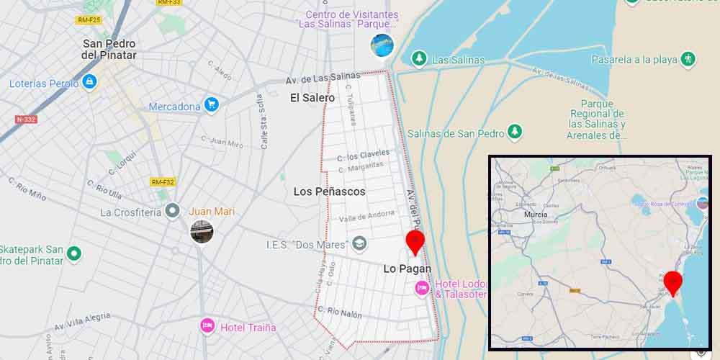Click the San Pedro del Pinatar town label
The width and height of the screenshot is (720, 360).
point(109,49)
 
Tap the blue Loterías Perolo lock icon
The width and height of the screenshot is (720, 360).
point(89,82)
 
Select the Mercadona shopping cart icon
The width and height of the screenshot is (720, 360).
point(211,105)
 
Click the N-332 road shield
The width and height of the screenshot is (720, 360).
point(26,119)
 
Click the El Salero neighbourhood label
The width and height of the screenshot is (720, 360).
point(312,97)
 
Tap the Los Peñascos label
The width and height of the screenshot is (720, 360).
point(329,192)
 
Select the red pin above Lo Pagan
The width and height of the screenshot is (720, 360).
point(415,242)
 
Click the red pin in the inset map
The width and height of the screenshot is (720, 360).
point(672,282)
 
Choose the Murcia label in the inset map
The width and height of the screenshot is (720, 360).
point(536,215)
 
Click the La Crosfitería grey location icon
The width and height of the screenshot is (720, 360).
point(172,211)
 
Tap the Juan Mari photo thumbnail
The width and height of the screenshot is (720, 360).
point(202,231)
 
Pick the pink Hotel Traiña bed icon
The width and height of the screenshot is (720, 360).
point(207,326)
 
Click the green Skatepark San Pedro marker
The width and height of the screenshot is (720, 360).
point(73,254)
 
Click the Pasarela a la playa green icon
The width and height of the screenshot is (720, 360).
point(688,58)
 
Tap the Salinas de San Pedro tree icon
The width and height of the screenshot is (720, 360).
point(514,132)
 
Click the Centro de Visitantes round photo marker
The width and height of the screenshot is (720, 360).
point(382,45)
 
